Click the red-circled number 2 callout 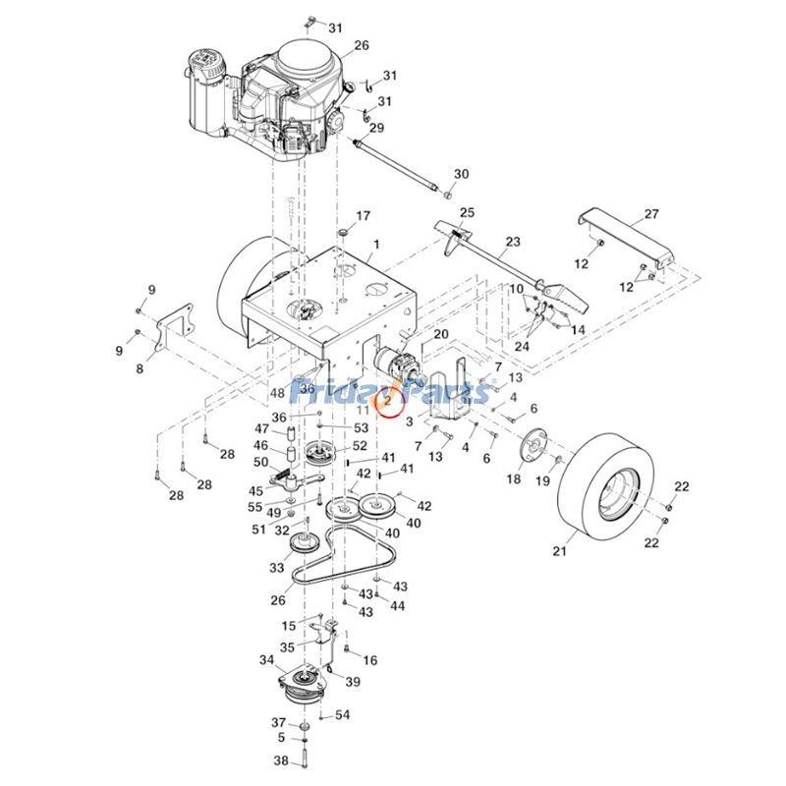point(387,400)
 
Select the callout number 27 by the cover point(651,214)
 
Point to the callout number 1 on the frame point(374,242)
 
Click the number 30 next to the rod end point(462,174)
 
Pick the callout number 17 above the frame point(364,216)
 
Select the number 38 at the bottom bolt point(281,761)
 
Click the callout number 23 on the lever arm point(513,241)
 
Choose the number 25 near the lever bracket point(467,212)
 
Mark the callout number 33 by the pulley point(276,568)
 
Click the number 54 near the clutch point(342,715)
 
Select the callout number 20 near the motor point(440,335)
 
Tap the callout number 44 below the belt point(397,606)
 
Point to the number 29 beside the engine point(376,129)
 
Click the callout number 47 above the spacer point(261,428)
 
